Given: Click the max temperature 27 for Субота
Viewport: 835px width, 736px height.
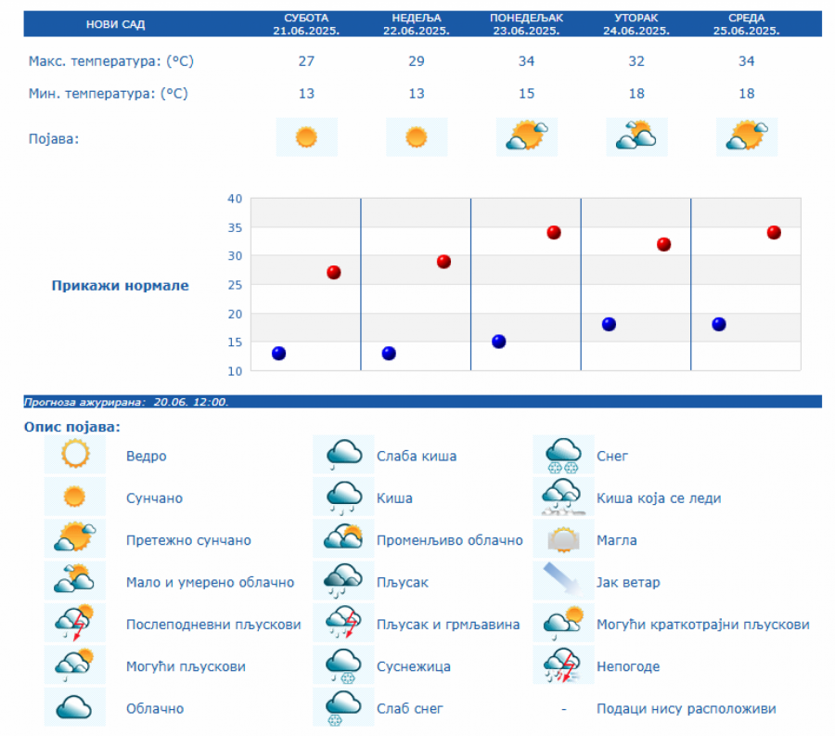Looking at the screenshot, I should (306, 61).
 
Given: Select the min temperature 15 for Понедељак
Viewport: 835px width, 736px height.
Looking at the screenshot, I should (526, 94).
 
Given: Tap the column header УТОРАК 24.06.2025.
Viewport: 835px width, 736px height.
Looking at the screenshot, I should (636, 24).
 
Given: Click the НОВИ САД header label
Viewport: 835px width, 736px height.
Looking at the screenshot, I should (115, 24).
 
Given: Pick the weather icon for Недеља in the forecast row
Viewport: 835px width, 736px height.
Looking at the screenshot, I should (417, 137).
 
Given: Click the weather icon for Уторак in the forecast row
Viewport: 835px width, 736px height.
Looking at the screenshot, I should (636, 137).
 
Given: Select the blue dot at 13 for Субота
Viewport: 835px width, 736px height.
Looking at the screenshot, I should (278, 353).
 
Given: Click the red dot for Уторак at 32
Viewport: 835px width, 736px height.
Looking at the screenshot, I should (663, 244).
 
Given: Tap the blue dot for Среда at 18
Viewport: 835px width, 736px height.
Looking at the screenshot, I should (719, 324).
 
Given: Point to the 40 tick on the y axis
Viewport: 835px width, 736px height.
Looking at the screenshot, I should (234, 199).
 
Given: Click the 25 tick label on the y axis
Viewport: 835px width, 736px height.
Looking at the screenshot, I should (234, 285).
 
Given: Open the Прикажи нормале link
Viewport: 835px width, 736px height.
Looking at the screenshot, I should (120, 286).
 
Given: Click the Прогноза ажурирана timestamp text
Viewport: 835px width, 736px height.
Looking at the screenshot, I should (126, 402).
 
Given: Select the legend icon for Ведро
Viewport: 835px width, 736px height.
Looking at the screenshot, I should (74, 455).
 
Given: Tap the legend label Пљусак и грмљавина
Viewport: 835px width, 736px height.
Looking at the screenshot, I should (448, 625).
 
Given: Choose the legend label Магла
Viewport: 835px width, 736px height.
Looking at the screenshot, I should (617, 540).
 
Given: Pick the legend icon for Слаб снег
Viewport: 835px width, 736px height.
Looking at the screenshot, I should (343, 708).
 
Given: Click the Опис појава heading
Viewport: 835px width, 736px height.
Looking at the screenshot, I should (72, 428).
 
